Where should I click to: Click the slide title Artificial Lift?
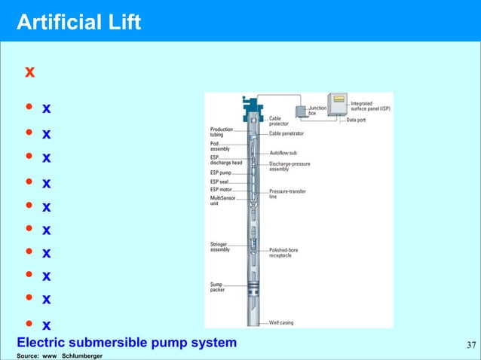78,22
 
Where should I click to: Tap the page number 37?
470,346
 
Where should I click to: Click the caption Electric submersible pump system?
126,343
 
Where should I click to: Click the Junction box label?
317,111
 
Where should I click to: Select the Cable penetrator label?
286,133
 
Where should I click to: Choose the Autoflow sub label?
283,153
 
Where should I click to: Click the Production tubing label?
222,132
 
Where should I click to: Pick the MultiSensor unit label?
222,200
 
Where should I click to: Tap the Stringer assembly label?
220,246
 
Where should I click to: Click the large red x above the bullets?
30,73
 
